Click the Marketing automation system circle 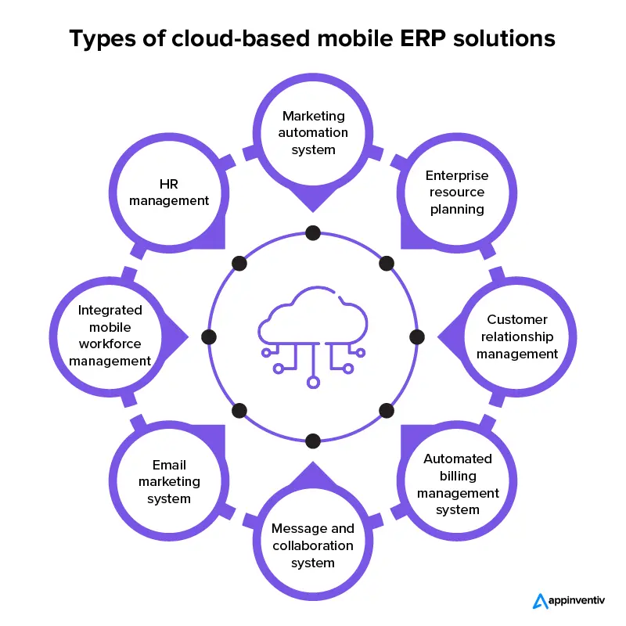click(x=313, y=133)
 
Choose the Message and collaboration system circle click(x=313, y=545)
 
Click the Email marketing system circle click(x=169, y=482)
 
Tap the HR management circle click(x=169, y=192)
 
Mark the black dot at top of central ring click(x=313, y=232)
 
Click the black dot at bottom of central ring click(x=313, y=441)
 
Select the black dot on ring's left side click(x=208, y=336)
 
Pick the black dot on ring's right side click(x=417, y=336)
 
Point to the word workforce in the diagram click(x=110, y=344)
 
